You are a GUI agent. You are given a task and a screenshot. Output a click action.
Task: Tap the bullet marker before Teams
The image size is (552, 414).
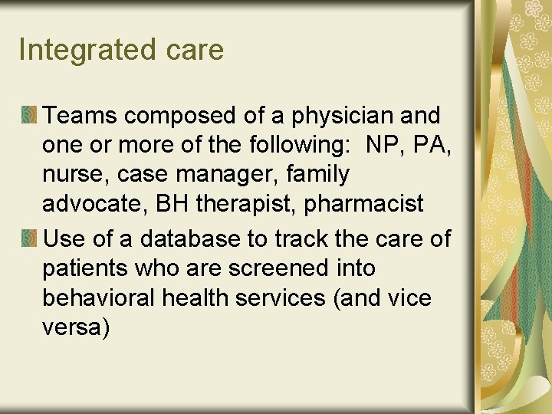[x=29, y=116]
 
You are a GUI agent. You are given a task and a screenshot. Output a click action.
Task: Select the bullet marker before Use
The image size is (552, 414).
[x=29, y=239]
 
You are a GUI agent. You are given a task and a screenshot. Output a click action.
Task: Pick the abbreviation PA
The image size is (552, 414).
[x=435, y=145]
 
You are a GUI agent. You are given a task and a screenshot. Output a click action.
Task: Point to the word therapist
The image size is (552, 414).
[x=252, y=204]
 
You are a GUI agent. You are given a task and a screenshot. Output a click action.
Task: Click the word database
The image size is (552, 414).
[x=177, y=239]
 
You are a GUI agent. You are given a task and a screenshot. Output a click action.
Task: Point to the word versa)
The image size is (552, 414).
[x=76, y=327]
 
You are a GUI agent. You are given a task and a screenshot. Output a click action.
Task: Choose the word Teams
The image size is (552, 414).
[x=80, y=116]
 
